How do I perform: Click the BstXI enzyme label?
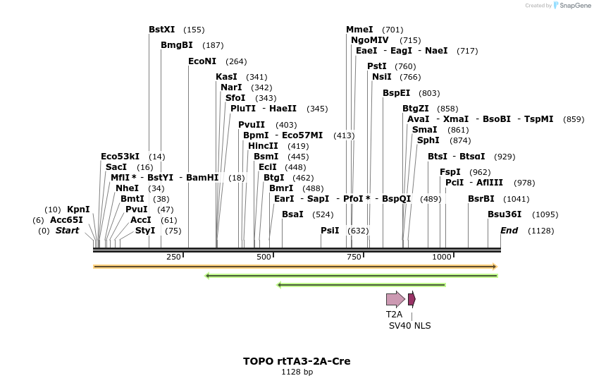click(161, 30)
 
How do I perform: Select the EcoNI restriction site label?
click(202, 61)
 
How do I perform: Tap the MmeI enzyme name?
click(359, 30)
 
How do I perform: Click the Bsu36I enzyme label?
click(505, 214)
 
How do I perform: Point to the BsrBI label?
click(481, 199)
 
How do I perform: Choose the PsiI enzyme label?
click(330, 231)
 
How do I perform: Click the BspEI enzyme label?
click(396, 93)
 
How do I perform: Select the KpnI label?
click(78, 209)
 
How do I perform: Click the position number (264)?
click(236, 61)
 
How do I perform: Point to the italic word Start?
click(67, 231)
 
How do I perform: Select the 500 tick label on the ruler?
click(264, 257)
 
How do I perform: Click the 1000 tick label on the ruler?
click(441, 257)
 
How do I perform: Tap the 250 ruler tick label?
click(173, 257)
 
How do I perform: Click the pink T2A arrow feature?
click(395, 299)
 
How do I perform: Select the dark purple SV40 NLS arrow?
click(412, 299)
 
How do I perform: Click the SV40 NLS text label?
click(409, 326)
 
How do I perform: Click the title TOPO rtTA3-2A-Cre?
click(297, 361)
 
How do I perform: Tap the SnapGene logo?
click(572, 5)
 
